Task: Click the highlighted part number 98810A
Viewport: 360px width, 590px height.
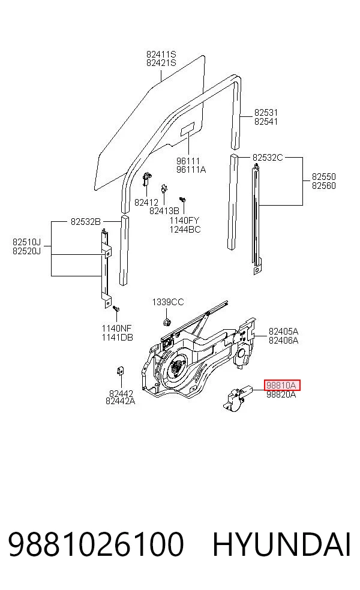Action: click(282, 386)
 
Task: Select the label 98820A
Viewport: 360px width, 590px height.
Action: click(281, 395)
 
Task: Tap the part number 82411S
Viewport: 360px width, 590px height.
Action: click(161, 55)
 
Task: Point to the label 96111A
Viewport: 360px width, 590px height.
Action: click(191, 170)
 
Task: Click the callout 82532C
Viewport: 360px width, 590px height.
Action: click(268, 157)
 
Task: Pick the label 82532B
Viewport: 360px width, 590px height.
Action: click(85, 222)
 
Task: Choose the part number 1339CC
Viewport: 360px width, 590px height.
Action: click(168, 302)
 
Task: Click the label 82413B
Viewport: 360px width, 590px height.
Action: click(164, 210)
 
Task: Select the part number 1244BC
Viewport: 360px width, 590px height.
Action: click(185, 229)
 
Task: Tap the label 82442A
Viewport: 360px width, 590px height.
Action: click(120, 401)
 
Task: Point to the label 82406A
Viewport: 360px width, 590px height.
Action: click(283, 340)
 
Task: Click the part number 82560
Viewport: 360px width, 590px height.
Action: click(324, 185)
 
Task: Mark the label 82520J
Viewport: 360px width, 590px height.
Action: click(26, 251)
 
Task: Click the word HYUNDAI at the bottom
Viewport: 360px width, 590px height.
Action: click(281, 544)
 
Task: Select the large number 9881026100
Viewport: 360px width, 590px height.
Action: click(95, 544)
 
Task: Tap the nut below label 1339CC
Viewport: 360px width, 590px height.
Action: click(166, 322)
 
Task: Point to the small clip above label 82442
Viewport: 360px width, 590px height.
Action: click(121, 371)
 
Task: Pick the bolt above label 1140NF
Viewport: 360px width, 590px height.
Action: click(116, 309)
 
